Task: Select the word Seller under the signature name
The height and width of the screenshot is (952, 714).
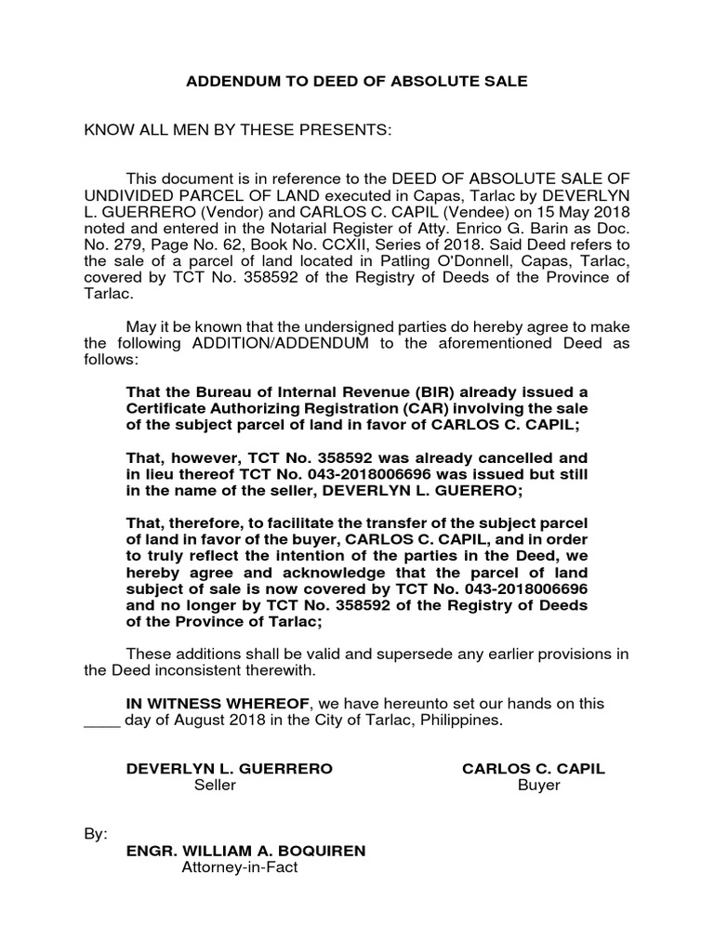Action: [215, 786]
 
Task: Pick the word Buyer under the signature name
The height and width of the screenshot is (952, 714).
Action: [539, 786]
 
